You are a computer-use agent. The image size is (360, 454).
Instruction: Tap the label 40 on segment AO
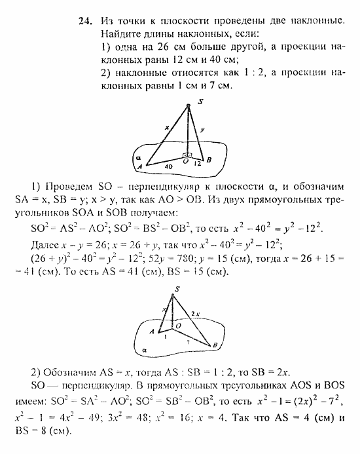(x=168, y=168)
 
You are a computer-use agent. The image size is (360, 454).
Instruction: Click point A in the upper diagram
(x=149, y=168)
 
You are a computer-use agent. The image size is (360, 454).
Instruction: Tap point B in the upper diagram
(x=209, y=159)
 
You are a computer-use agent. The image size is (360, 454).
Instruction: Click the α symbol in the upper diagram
(x=138, y=158)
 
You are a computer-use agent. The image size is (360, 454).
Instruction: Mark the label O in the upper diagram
(x=186, y=161)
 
